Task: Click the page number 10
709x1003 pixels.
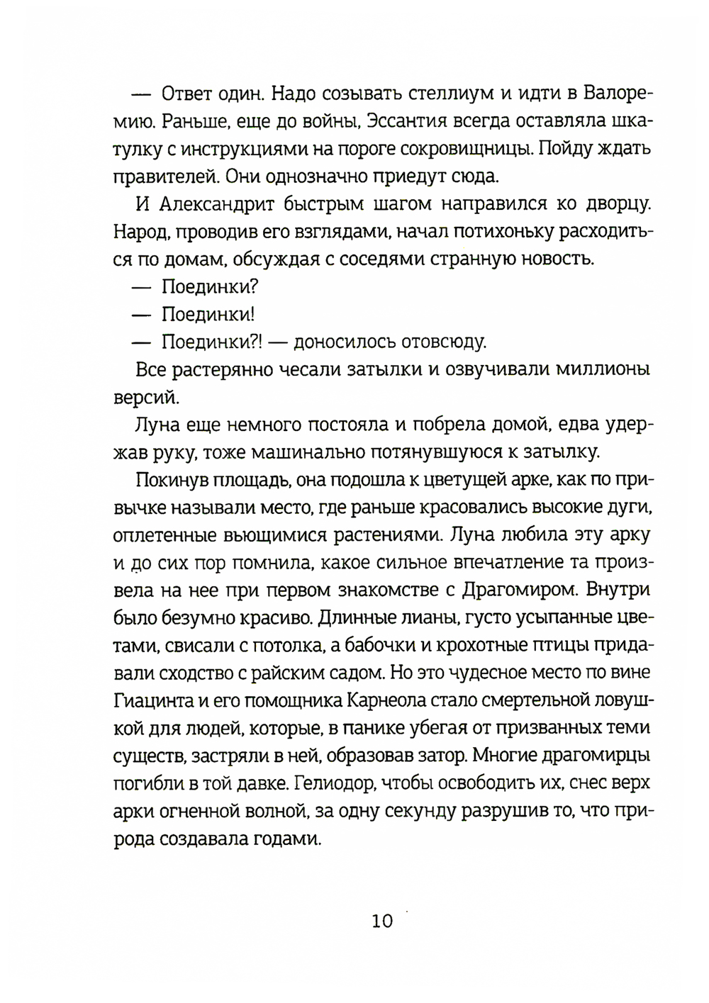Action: pos(381,921)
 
